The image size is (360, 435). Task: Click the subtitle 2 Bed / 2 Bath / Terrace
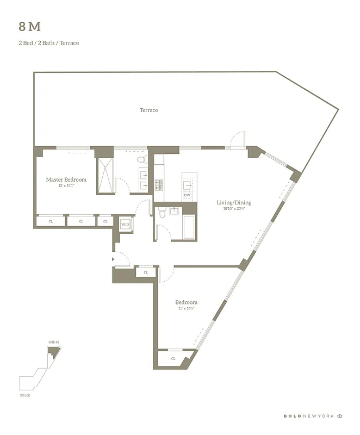[x=48, y=43]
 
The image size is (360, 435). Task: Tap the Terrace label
[x=148, y=110]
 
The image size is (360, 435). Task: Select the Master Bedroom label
[x=66, y=179]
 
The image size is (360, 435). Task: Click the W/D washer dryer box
[x=125, y=224]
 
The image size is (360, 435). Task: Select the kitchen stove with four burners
[x=159, y=185]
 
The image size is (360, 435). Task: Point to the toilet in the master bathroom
[x=142, y=160]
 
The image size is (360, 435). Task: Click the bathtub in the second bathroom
[x=190, y=227]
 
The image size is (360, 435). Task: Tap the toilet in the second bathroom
[x=162, y=215]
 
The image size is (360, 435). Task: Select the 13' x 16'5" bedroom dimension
[x=186, y=309]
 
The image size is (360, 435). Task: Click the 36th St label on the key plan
[x=53, y=342]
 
